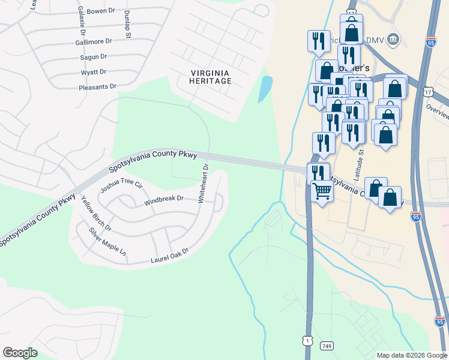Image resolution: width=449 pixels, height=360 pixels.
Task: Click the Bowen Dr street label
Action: tap(100, 11)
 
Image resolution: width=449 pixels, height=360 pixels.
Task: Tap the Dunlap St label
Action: tap(127, 25)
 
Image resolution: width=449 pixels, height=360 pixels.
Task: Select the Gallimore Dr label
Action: tap(94, 43)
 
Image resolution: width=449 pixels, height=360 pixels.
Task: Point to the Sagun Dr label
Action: tap(93, 56)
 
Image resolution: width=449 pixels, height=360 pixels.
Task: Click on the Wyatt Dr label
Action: tap(94, 71)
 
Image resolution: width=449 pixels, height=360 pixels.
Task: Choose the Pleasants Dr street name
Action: tap(97, 87)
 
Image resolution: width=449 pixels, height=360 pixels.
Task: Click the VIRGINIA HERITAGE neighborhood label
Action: tap(211, 77)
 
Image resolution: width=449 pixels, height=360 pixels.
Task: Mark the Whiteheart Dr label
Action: tap(203, 184)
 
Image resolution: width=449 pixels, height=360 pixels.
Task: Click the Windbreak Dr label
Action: tap(163, 200)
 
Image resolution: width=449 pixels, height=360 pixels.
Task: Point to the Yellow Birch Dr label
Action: tap(96, 214)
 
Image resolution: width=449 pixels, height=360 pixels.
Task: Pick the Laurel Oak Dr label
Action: tap(169, 256)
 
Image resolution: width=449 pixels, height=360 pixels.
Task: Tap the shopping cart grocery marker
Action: tap(322, 191)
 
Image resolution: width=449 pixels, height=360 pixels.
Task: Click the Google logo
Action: tap(20, 353)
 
